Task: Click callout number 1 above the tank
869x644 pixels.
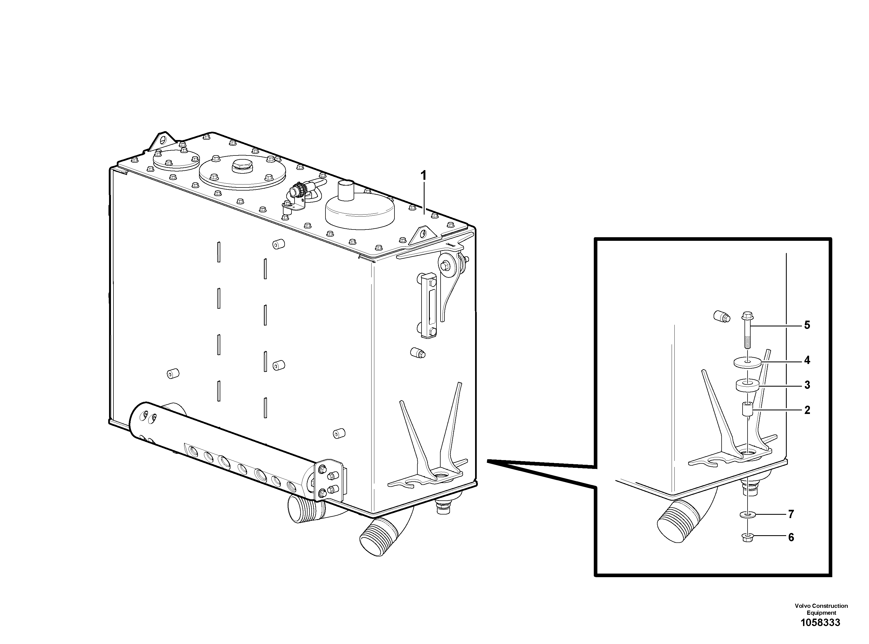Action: click(x=423, y=176)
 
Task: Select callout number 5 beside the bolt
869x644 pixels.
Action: click(x=807, y=325)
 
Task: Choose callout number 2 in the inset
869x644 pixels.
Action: click(x=807, y=410)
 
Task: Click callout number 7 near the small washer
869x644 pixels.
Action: click(x=791, y=514)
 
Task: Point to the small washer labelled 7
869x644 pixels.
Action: click(x=747, y=515)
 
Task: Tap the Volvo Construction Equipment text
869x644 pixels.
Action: click(x=821, y=609)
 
